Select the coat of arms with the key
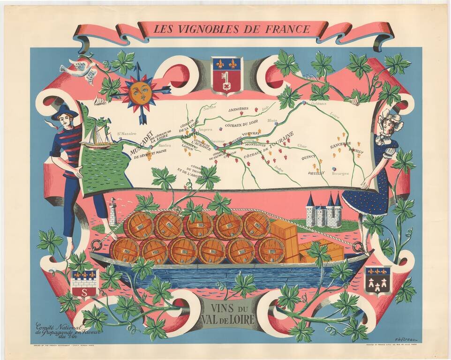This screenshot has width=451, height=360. coord(226,75)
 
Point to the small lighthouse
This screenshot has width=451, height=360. coord(113,211)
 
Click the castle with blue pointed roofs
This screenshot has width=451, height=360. coord(323,210)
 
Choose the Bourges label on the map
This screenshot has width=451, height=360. coord(340,173)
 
